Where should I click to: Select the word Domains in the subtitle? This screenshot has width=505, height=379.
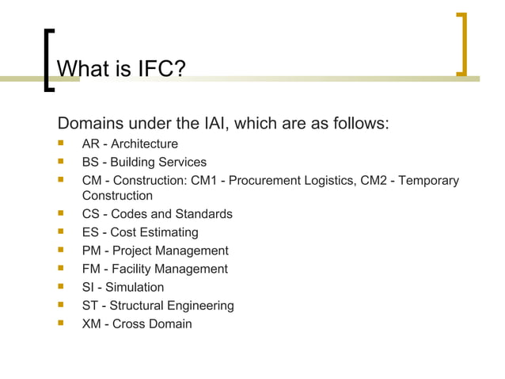click(88, 124)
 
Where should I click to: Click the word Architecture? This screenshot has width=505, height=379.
click(144, 144)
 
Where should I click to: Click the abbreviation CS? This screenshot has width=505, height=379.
click(91, 214)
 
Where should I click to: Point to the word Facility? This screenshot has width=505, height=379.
click(135, 269)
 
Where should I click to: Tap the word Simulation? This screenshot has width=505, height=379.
click(135, 287)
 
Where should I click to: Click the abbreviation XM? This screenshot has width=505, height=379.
click(92, 323)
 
